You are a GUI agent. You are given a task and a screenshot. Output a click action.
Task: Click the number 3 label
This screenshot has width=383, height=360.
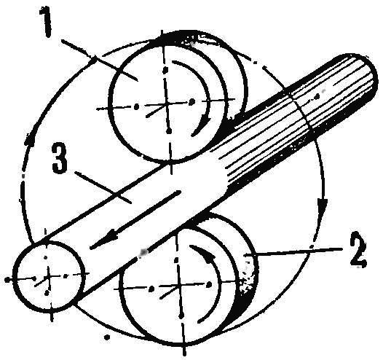[x=60, y=159]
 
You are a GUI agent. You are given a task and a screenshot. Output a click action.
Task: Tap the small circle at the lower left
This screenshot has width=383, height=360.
[x=48, y=277]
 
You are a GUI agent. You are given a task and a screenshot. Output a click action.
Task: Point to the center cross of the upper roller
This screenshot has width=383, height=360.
[x=167, y=103]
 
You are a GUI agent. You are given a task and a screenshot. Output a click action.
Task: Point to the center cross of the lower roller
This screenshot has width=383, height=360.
[x=180, y=285]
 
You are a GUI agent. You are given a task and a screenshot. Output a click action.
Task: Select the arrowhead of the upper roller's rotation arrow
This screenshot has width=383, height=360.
[x=202, y=126]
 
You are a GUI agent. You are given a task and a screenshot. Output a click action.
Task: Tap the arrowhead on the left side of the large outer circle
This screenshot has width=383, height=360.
[x=31, y=138]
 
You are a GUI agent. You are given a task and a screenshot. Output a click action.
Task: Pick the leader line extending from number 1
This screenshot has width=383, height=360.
[x=99, y=60]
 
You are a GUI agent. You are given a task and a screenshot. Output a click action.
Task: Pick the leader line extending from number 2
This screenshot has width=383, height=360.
[x=293, y=251]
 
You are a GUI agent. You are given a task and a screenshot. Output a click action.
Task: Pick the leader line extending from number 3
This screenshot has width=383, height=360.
[x=103, y=187]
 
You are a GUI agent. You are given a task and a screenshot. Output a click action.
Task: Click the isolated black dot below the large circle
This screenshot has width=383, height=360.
[x=107, y=337]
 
